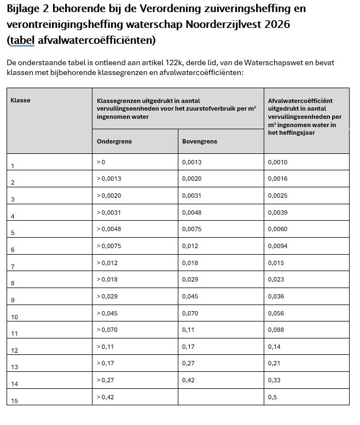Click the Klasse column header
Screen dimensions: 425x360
[x=20, y=101]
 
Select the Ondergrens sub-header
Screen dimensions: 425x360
[x=114, y=141]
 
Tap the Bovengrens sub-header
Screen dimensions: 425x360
[x=200, y=141]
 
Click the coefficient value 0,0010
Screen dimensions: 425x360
[x=277, y=162]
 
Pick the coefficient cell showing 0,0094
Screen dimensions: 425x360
[x=277, y=246]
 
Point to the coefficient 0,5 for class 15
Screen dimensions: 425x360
[x=272, y=397]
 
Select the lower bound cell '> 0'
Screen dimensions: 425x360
[x=101, y=162]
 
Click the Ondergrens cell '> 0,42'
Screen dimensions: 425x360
[x=106, y=397]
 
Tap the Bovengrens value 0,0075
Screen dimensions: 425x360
[x=191, y=229]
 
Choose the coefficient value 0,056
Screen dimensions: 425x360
[x=276, y=313]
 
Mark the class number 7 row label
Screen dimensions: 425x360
[x=13, y=267]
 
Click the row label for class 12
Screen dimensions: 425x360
[x=14, y=351]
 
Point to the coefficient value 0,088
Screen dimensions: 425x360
[x=276, y=330]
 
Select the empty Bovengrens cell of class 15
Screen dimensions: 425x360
[x=220, y=397]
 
